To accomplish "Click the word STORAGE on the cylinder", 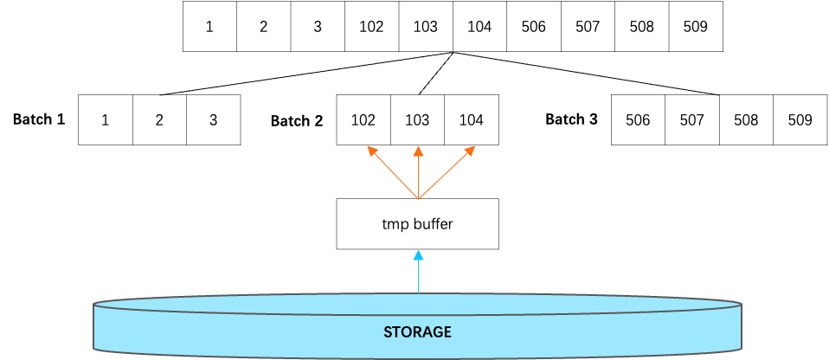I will click(x=417, y=332).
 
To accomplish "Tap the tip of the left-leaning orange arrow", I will click(x=370, y=148).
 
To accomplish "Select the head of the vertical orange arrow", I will click(x=418, y=151).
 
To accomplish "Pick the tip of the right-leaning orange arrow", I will click(x=472, y=148).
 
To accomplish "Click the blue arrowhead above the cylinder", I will click(x=418, y=254).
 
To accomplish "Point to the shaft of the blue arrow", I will click(x=418, y=277).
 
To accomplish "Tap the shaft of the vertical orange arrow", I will click(x=418, y=177).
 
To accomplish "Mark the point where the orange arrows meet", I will click(x=418, y=200).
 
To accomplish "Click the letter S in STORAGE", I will click(x=388, y=332).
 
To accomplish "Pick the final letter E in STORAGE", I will click(x=447, y=332).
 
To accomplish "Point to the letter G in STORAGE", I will click(x=437, y=332).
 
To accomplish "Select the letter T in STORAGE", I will click(x=396, y=332).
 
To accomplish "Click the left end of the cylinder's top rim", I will click(x=94, y=305).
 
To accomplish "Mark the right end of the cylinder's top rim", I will click(x=741, y=305).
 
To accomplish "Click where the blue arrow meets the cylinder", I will click(x=418, y=294).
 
